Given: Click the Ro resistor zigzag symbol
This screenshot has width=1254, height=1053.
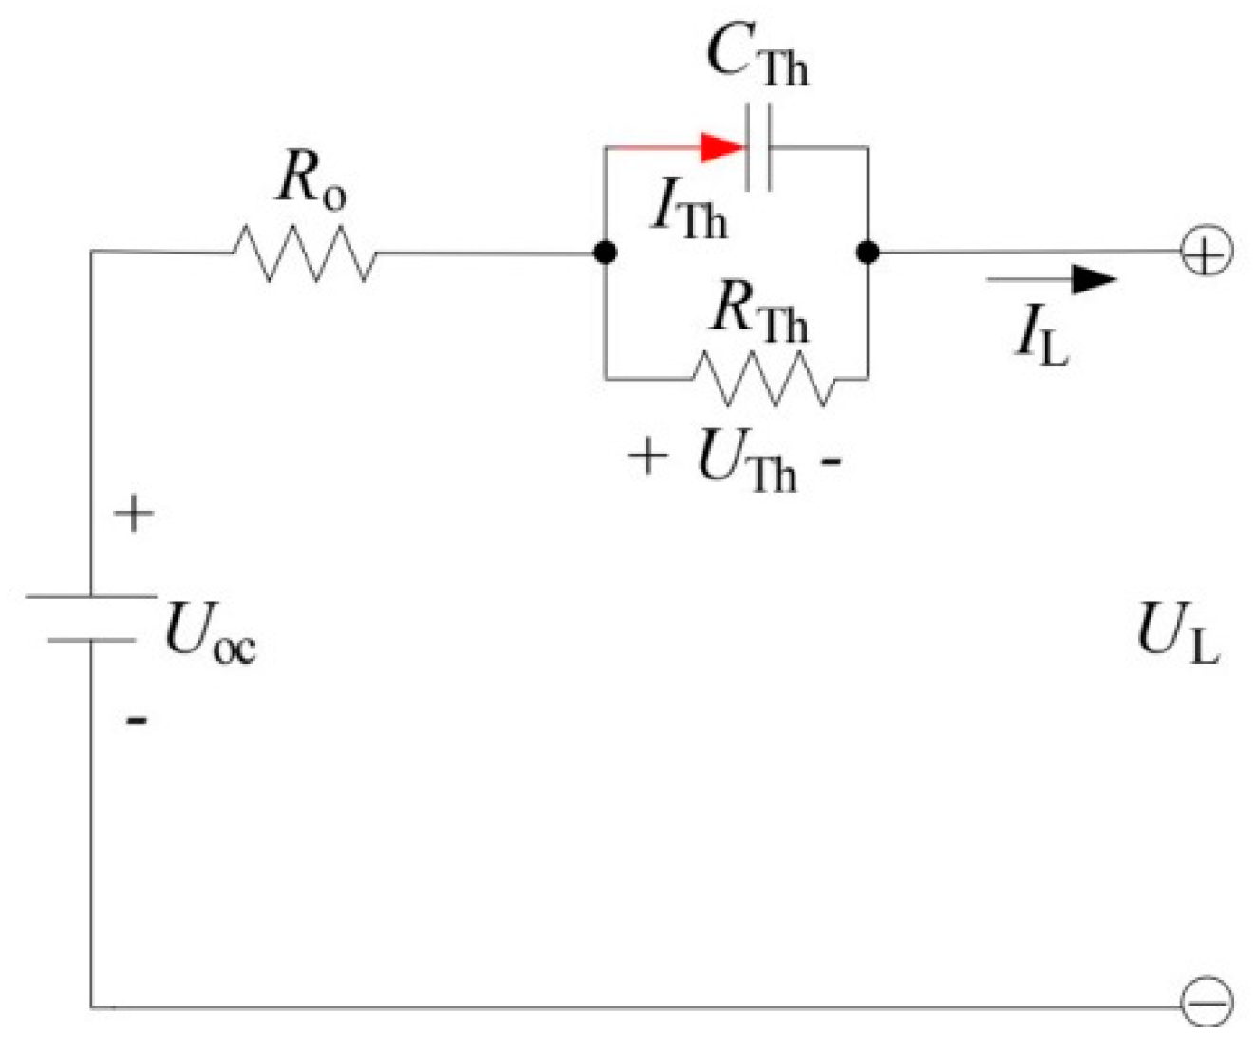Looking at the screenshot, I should (x=304, y=254).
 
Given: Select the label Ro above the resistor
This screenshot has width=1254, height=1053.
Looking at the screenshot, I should (x=311, y=179).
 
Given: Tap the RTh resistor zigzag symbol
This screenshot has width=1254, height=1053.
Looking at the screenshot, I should (x=765, y=379).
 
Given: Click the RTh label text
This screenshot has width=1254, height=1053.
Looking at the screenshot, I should (x=758, y=312).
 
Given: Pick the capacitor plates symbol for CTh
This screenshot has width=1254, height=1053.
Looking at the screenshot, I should (x=758, y=148).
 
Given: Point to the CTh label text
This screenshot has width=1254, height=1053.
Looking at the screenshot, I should (x=757, y=56).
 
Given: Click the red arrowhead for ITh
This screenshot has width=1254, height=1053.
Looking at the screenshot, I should (x=721, y=147).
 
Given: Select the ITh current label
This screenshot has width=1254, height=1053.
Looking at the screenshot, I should (x=688, y=211).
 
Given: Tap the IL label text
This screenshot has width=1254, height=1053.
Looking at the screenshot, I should (x=1041, y=336).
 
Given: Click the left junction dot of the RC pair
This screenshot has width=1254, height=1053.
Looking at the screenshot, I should (x=605, y=253).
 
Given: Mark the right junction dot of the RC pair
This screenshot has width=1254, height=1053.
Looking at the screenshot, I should (x=868, y=253).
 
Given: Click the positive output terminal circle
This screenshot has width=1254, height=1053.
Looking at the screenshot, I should (x=1207, y=253).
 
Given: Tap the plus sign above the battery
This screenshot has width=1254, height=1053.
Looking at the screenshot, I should (x=134, y=514).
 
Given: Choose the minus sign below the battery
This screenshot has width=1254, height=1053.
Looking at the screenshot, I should (x=137, y=721).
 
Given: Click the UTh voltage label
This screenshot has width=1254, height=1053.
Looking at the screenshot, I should (x=745, y=461).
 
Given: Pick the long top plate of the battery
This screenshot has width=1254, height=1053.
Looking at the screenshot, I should (x=91, y=596).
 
